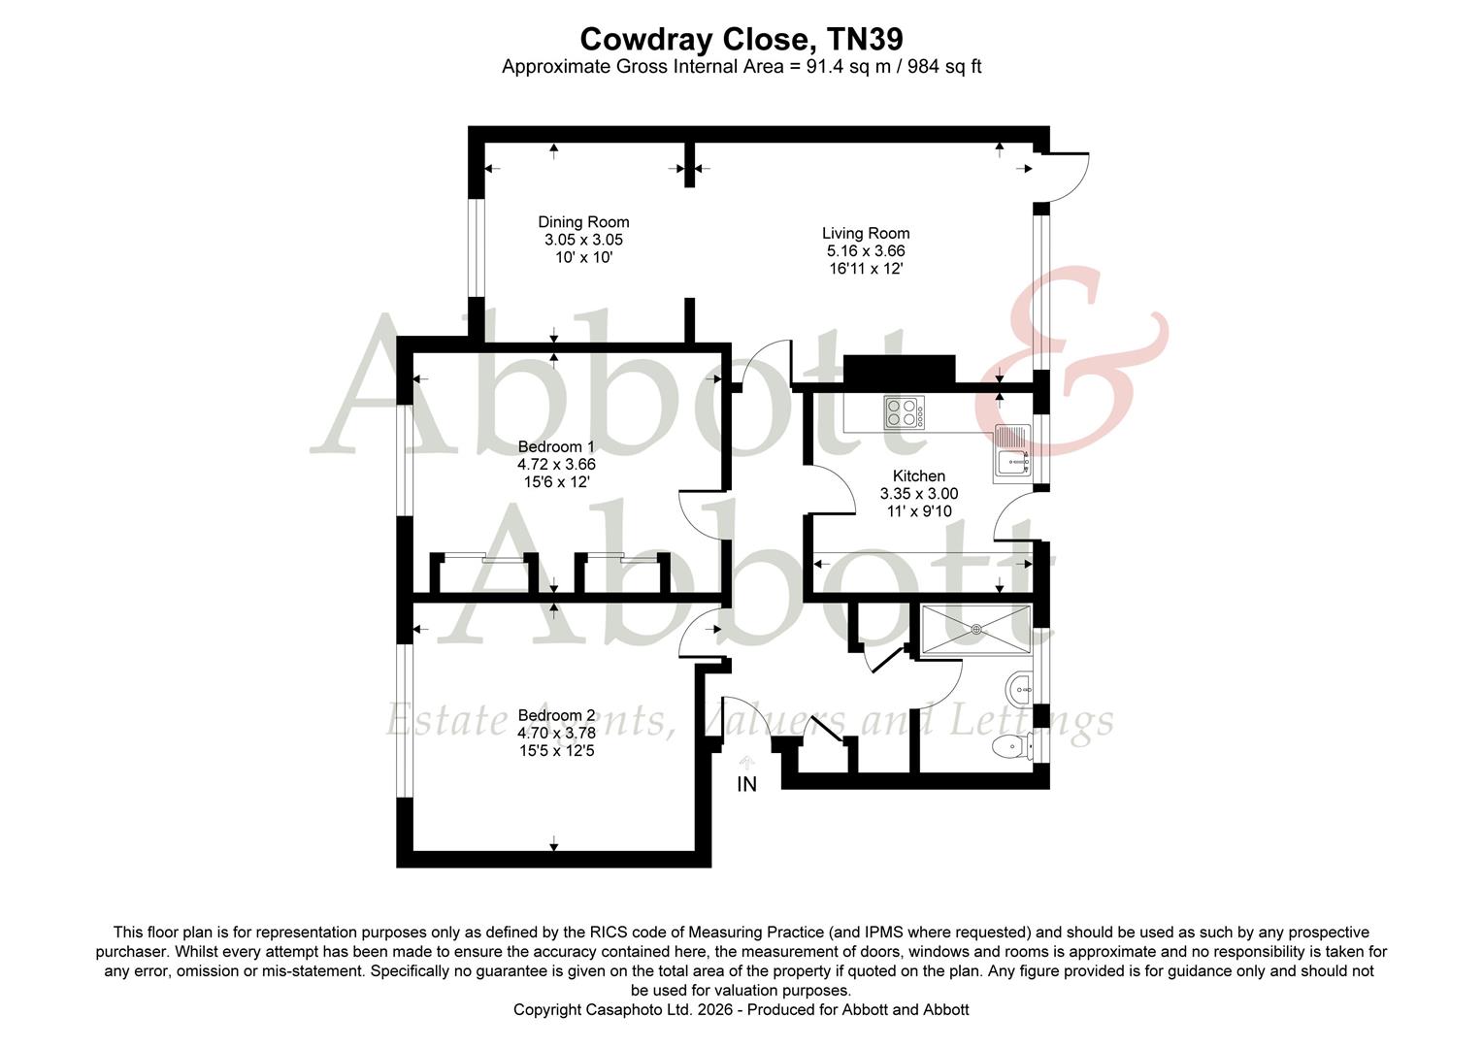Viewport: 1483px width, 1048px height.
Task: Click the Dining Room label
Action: (x=583, y=222)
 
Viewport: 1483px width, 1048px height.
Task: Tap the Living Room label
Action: (x=866, y=233)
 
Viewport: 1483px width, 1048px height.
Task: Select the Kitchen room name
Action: (x=918, y=475)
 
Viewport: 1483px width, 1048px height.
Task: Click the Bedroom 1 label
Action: (x=556, y=446)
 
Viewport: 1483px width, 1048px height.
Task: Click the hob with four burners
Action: (x=903, y=412)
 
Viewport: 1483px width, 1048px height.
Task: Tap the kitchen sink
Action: (x=1012, y=453)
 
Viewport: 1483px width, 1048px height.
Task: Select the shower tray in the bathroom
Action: (x=975, y=629)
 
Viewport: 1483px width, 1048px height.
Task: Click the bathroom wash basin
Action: (x=1019, y=690)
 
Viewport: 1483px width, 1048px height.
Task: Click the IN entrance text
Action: (x=746, y=784)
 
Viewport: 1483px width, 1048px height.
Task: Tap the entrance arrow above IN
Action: (x=746, y=763)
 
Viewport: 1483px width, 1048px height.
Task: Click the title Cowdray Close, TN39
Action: (x=741, y=39)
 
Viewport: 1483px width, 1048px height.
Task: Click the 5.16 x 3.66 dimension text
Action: (x=866, y=250)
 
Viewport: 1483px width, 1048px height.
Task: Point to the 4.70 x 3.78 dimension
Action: (x=556, y=733)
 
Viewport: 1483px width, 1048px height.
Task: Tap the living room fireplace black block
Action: (x=899, y=369)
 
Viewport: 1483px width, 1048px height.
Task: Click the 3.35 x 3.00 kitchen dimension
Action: (x=918, y=493)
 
